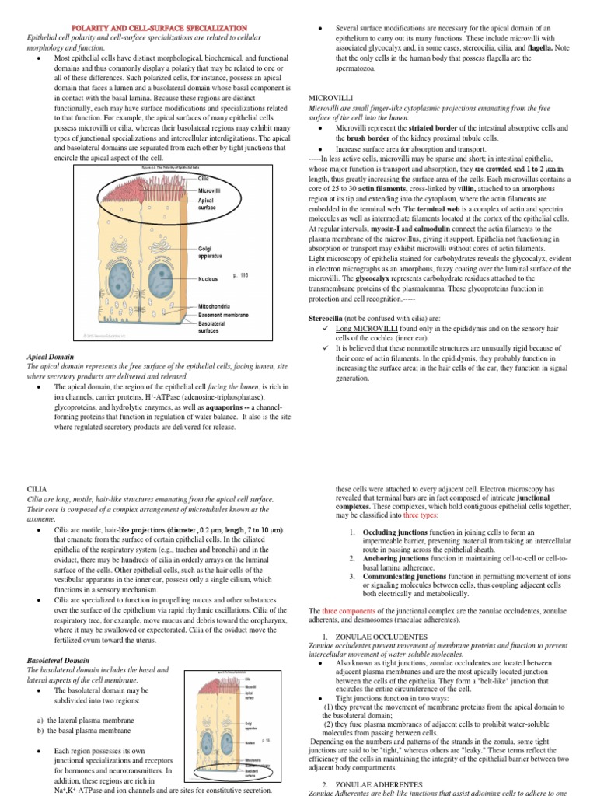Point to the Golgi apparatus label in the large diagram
[x=210, y=252]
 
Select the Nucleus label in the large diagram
[x=208, y=278]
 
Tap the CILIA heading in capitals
[x=37, y=489]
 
